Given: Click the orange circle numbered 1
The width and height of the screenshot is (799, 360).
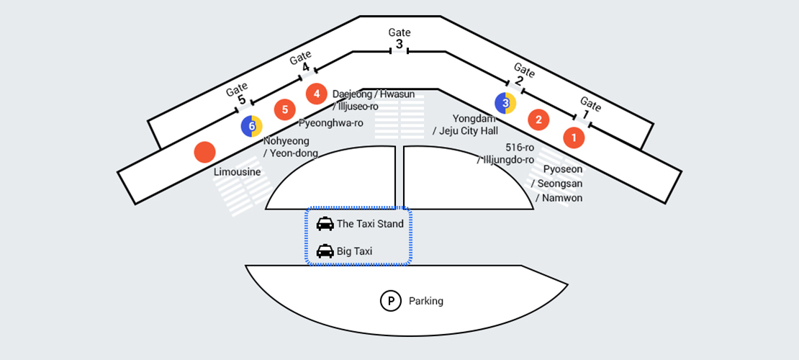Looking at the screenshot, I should pyautogui.click(x=574, y=137).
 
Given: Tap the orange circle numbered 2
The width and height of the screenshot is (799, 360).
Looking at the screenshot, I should pyautogui.click(x=538, y=120).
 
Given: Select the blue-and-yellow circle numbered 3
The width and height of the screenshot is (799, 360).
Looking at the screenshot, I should pyautogui.click(x=505, y=104).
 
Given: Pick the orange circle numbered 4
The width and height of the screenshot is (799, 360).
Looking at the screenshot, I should pyautogui.click(x=316, y=94).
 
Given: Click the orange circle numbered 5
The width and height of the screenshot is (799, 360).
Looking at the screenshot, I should pyautogui.click(x=285, y=109).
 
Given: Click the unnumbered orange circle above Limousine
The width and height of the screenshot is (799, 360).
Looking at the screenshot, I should pyautogui.click(x=205, y=152).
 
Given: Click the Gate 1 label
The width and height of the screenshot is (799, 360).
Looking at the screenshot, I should pyautogui.click(x=589, y=108).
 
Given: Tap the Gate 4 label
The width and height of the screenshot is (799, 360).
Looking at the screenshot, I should pyautogui.click(x=302, y=61).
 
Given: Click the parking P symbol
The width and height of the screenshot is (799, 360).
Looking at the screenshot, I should pyautogui.click(x=390, y=301).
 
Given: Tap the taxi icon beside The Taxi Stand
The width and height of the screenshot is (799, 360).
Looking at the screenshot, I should pyautogui.click(x=325, y=224).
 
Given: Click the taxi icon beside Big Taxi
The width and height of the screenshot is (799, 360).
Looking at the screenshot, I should pyautogui.click(x=325, y=251).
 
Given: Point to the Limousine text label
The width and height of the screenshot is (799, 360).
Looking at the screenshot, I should pyautogui.click(x=237, y=172).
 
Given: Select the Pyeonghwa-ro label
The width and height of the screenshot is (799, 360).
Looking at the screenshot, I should pyautogui.click(x=330, y=123).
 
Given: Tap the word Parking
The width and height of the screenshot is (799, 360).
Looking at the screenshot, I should pyautogui.click(x=426, y=301).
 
